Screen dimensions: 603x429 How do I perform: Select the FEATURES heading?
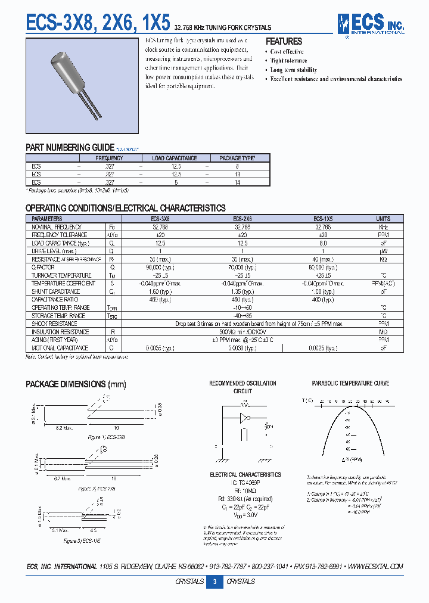(x=284, y=41)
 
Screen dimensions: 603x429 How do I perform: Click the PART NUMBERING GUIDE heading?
(x=70, y=147)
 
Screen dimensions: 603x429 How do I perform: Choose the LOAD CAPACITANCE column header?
(x=175, y=158)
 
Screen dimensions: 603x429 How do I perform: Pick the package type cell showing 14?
(x=237, y=182)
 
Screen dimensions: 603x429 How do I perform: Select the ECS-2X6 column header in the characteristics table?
(x=242, y=219)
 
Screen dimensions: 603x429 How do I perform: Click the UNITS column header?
(x=383, y=219)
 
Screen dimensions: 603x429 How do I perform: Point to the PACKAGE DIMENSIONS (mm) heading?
(x=73, y=384)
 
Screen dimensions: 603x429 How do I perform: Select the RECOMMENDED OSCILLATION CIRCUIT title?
(x=243, y=387)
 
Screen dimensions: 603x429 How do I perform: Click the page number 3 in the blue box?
(x=214, y=582)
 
